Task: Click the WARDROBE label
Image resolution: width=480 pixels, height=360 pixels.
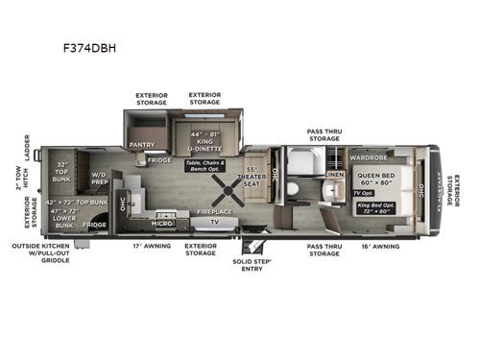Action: point(368,156)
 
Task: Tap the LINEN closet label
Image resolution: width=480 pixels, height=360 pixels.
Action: point(334,175)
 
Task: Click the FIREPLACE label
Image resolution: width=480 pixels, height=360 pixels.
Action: point(215,210)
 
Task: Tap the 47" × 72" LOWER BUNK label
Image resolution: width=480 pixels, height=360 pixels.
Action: point(63,221)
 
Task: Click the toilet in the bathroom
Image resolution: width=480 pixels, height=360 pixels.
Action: point(290,189)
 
